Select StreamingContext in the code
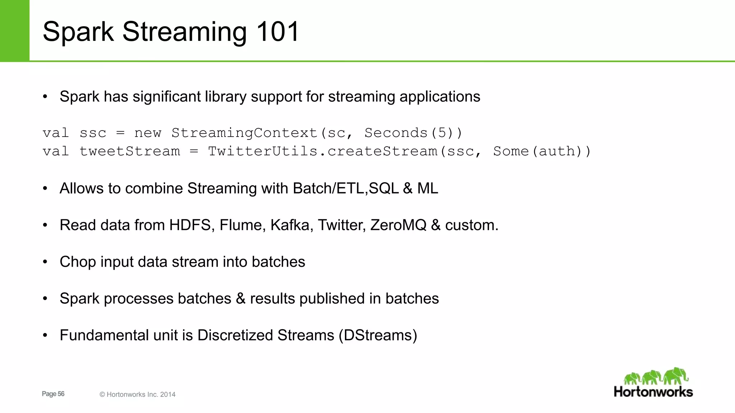(x=245, y=133)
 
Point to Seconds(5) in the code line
(x=413, y=133)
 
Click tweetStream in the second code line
(x=130, y=151)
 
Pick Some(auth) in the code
(x=542, y=151)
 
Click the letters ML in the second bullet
(x=427, y=188)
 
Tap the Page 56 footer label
(x=53, y=394)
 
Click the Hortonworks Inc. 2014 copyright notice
(x=137, y=394)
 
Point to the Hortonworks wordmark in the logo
(x=653, y=391)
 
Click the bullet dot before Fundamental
(x=45, y=336)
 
